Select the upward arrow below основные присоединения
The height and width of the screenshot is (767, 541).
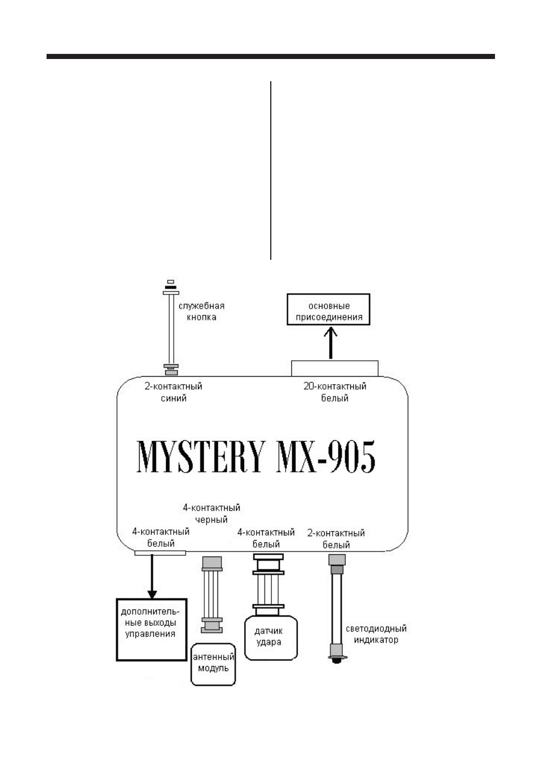[x=330, y=343]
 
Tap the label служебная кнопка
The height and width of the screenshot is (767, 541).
[x=202, y=311]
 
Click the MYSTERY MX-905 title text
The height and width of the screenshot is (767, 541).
[x=256, y=457]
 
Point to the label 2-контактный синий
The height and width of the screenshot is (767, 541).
[x=173, y=392]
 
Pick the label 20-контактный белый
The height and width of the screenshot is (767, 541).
[x=335, y=392]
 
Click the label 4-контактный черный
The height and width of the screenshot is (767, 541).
[x=211, y=513]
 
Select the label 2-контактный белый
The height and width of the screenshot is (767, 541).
[x=336, y=539]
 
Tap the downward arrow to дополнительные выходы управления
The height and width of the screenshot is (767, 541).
[x=152, y=576]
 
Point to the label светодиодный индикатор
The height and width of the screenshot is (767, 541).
[x=376, y=634]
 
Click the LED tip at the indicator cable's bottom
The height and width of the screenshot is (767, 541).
[x=337, y=659]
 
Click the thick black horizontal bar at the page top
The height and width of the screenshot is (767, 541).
[x=271, y=57]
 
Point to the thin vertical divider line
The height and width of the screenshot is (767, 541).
[x=271, y=170]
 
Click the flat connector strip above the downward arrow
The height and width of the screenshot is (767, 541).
[x=160, y=553]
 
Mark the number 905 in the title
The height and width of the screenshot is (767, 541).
[x=351, y=457]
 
